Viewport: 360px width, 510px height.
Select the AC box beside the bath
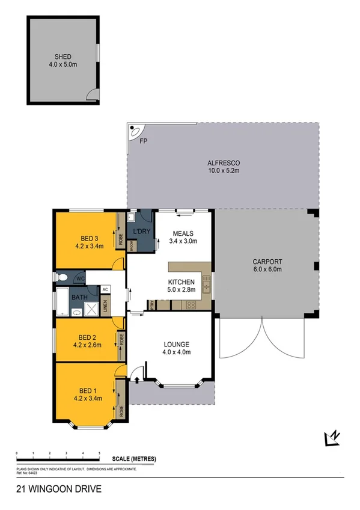click(105, 289)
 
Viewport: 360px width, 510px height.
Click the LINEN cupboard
click(106, 306)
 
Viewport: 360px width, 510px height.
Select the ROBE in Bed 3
click(120, 237)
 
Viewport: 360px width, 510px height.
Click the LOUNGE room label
click(176, 345)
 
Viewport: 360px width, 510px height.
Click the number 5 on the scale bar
click(99, 453)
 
